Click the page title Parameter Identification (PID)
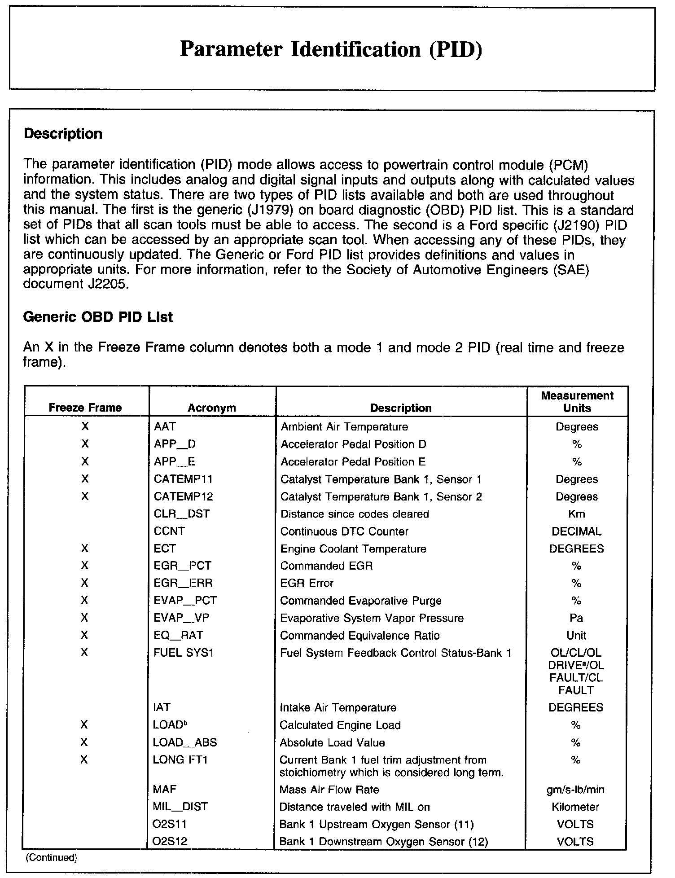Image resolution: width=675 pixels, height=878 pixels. click(x=331, y=49)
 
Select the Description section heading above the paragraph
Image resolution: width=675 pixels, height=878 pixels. click(x=63, y=134)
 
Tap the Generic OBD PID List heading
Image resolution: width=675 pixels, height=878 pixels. click(x=97, y=317)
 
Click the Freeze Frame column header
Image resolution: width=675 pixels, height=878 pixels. click(x=85, y=408)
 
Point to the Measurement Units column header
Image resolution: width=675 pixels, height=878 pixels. click(x=577, y=402)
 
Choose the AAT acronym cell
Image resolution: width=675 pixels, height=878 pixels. click(x=165, y=426)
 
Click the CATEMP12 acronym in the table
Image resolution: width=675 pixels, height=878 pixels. click(x=183, y=496)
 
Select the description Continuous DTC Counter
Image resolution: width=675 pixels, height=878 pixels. click(x=344, y=531)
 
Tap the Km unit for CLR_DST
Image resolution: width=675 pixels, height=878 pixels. click(x=576, y=514)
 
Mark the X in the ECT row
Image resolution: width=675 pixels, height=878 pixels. click(x=84, y=549)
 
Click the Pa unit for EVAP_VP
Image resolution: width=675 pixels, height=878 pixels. click(x=576, y=618)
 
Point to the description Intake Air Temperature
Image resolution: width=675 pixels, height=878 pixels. click(x=338, y=708)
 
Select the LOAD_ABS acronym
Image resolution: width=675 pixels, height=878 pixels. click(x=185, y=742)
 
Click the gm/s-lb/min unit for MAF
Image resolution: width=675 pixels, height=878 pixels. click(x=575, y=790)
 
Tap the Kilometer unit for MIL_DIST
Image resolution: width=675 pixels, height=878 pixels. click(x=575, y=807)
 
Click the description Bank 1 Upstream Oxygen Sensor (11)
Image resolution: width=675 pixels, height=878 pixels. click(x=376, y=825)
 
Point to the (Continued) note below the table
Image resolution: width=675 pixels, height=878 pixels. click(x=52, y=857)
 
